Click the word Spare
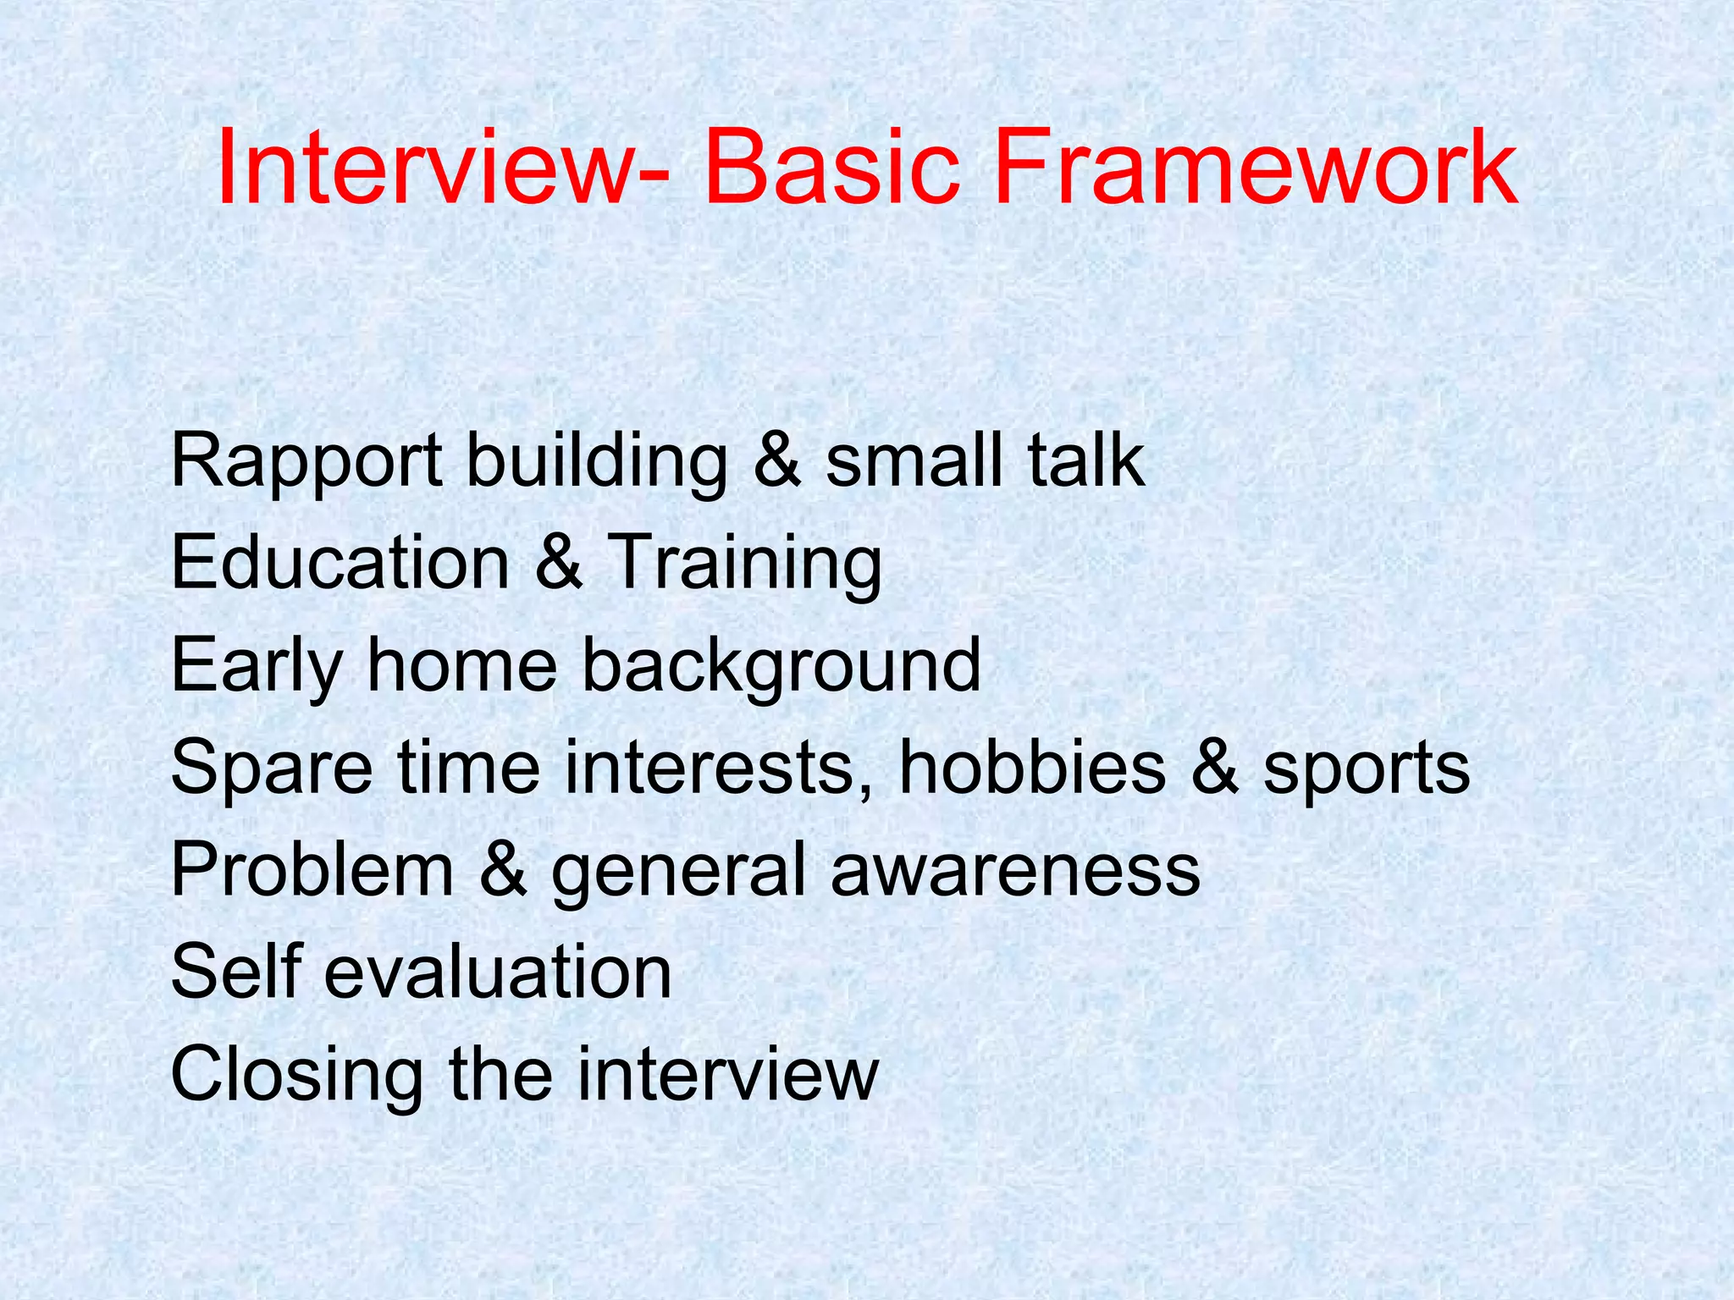[271, 768]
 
